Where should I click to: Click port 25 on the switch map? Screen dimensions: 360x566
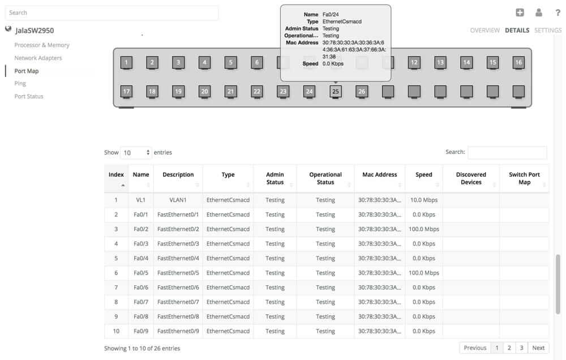(x=336, y=91)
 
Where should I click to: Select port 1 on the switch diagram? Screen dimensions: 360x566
(x=127, y=62)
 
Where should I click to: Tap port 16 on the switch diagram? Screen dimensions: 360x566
(x=518, y=62)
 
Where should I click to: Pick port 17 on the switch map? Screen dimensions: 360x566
(x=127, y=91)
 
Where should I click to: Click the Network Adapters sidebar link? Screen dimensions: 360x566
(x=38, y=58)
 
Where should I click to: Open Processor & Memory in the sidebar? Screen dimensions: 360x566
(x=42, y=45)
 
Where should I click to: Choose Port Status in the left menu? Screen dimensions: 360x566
(x=29, y=96)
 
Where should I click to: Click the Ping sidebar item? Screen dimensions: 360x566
(x=20, y=83)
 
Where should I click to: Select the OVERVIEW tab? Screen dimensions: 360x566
(x=484, y=31)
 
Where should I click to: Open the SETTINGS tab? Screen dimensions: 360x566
(x=548, y=31)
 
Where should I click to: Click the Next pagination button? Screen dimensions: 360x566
(x=538, y=348)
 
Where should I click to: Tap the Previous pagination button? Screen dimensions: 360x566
(x=475, y=348)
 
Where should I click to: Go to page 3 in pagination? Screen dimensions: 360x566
(x=521, y=348)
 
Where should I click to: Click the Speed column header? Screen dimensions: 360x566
(x=423, y=175)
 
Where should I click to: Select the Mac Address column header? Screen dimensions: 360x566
(x=379, y=175)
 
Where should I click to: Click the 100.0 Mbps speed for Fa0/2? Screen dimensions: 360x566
(x=423, y=229)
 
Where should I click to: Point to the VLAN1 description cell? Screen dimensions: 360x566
(x=178, y=200)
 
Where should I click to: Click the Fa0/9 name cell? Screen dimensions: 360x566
(x=140, y=331)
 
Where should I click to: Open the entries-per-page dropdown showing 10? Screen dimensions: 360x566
(x=136, y=153)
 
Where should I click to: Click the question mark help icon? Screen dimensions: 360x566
(x=558, y=12)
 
